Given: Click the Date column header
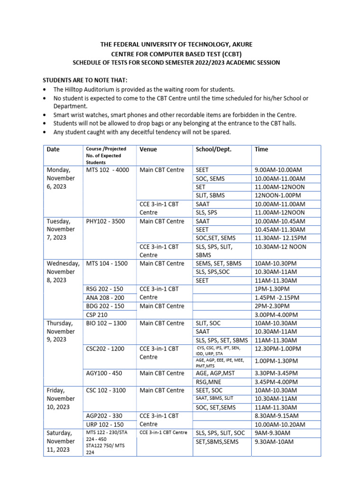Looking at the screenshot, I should click(53, 149).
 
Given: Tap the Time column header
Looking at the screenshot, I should click(261, 149).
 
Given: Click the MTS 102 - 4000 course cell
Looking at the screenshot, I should click(107, 170).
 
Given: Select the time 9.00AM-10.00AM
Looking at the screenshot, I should click(278, 170).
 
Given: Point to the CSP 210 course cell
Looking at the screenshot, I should click(97, 315).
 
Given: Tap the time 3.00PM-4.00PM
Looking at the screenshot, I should click(276, 315).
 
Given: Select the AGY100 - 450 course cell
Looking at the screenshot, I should click(104, 373).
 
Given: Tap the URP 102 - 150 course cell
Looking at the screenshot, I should click(105, 424).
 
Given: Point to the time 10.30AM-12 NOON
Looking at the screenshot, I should click(280, 247).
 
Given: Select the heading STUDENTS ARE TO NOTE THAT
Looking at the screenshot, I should click(85, 80).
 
